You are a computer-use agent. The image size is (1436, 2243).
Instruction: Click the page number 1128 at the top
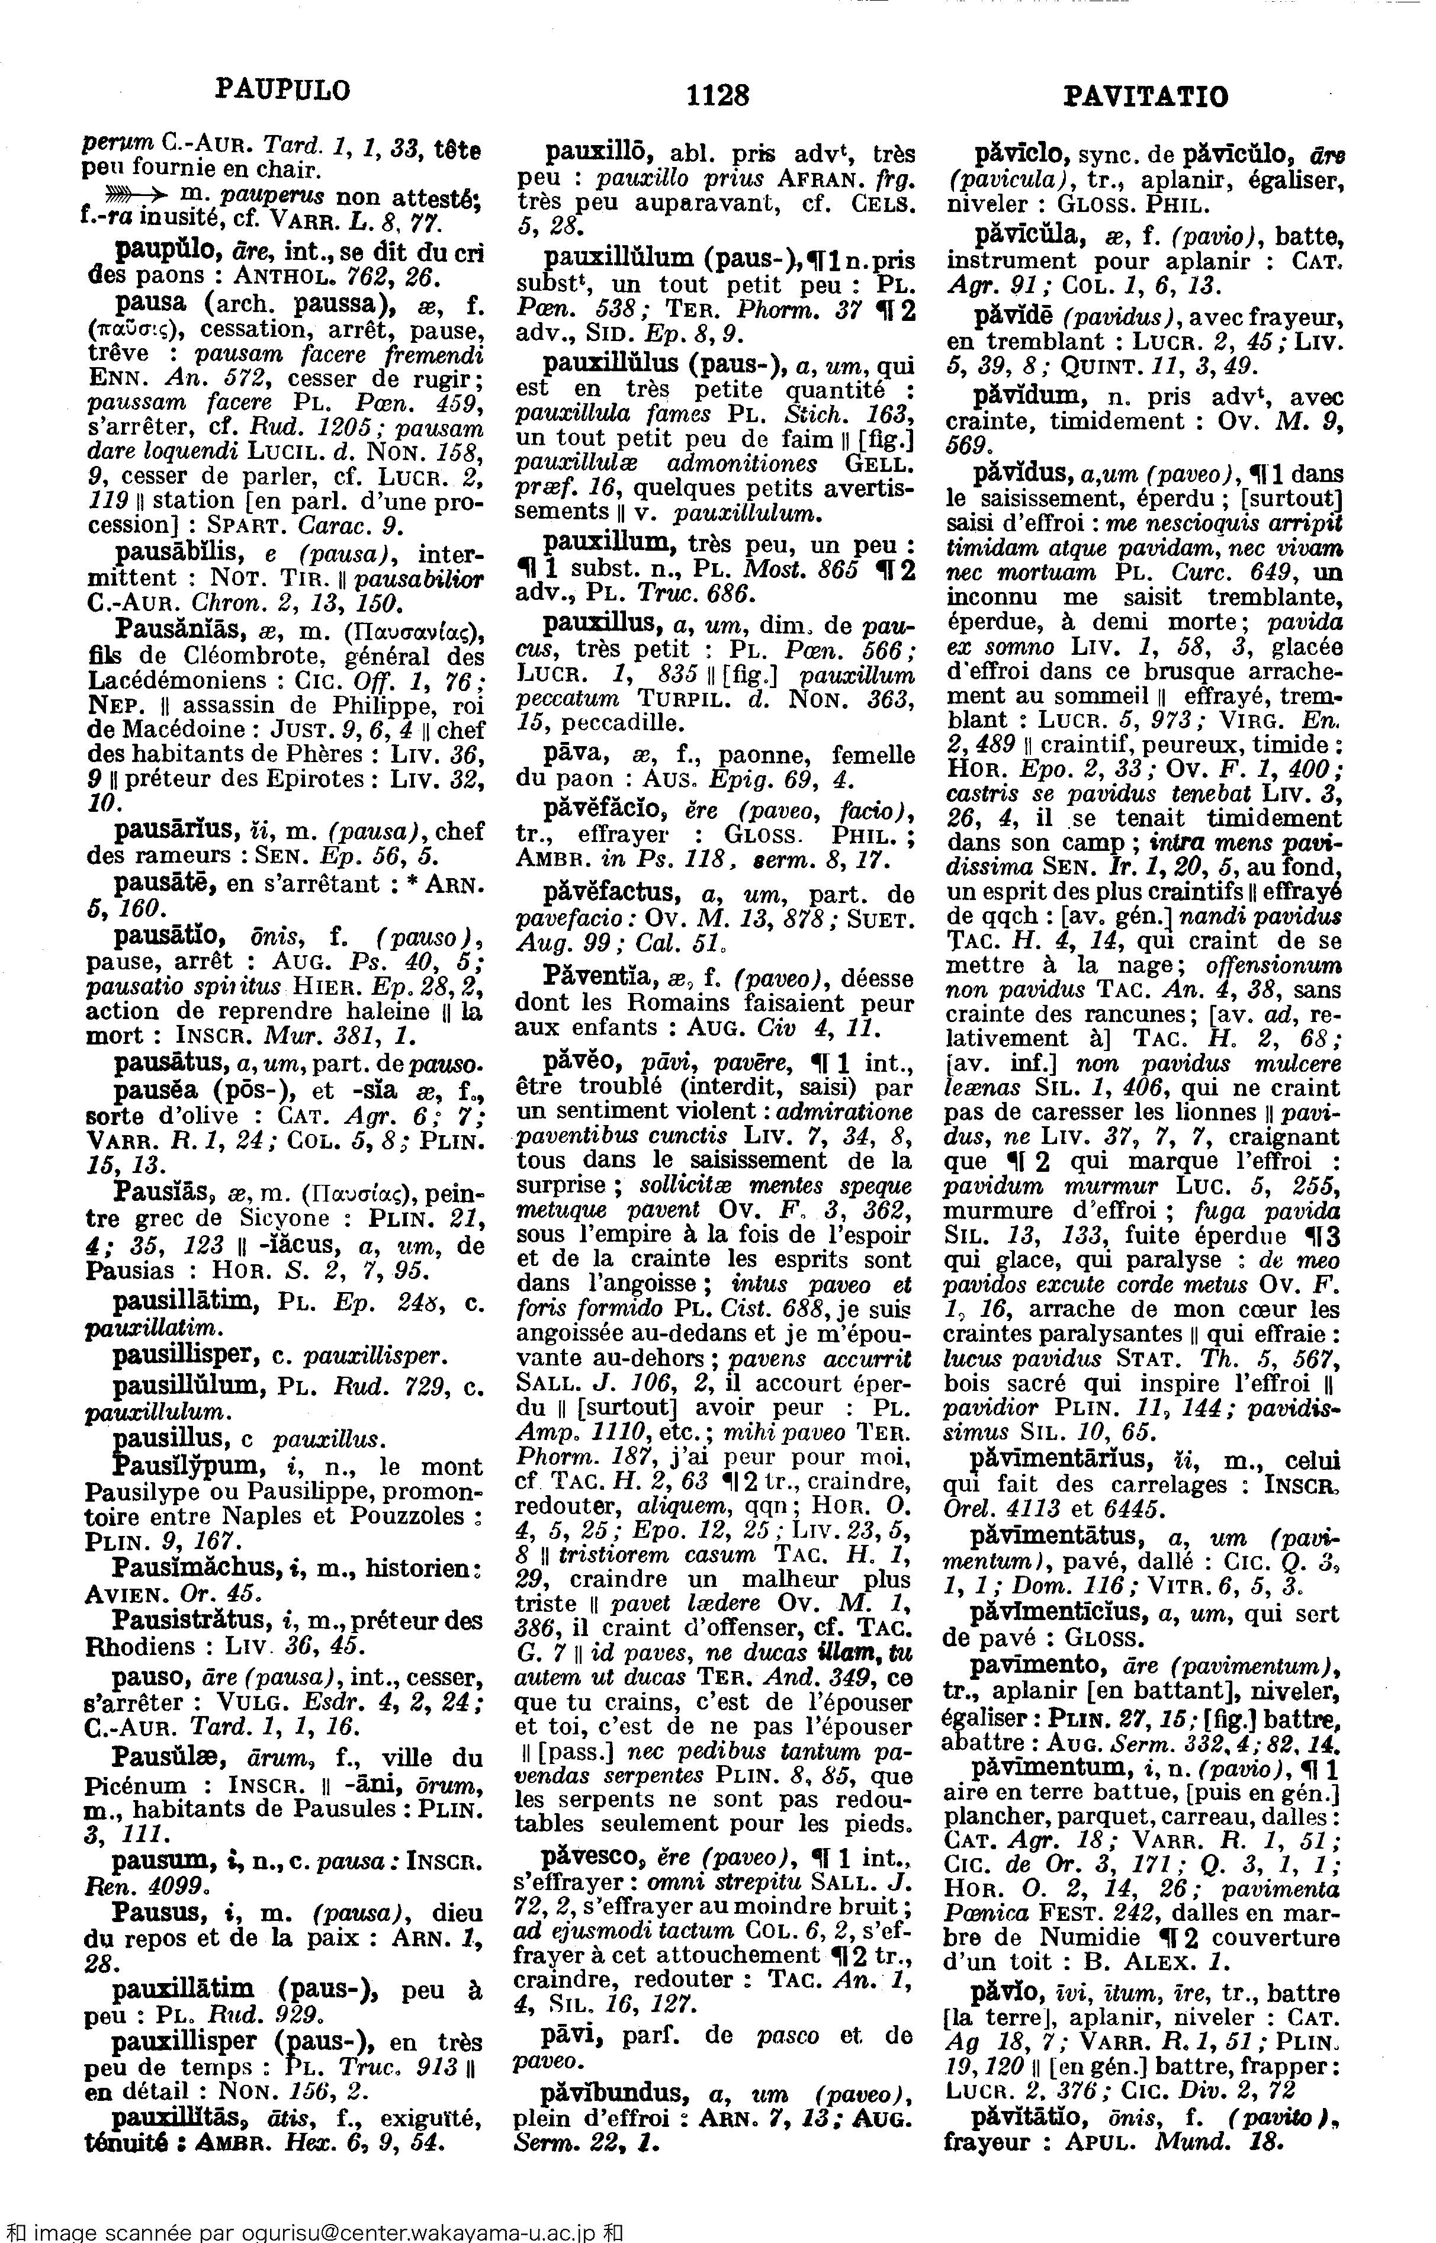(x=717, y=95)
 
